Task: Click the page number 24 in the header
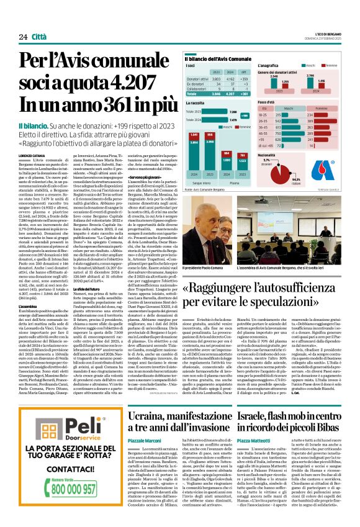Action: [22, 37]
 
